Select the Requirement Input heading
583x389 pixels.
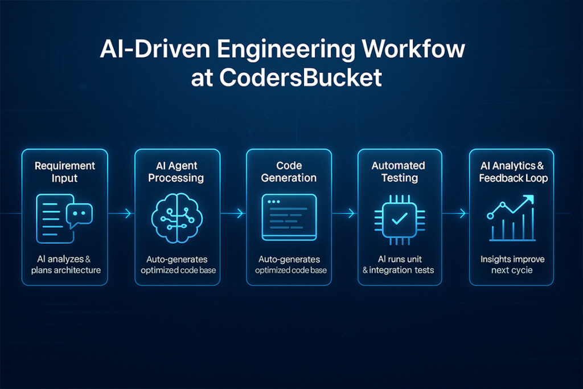pos(64,171)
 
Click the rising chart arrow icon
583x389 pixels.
pos(511,218)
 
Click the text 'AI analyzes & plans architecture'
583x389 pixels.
pos(64,264)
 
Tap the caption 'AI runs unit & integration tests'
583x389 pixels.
pos(399,264)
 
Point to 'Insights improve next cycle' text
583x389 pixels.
pos(511,264)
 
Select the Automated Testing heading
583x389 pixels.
pos(399,171)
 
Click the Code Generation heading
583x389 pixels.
pos(289,171)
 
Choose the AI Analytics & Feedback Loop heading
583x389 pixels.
pos(511,171)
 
